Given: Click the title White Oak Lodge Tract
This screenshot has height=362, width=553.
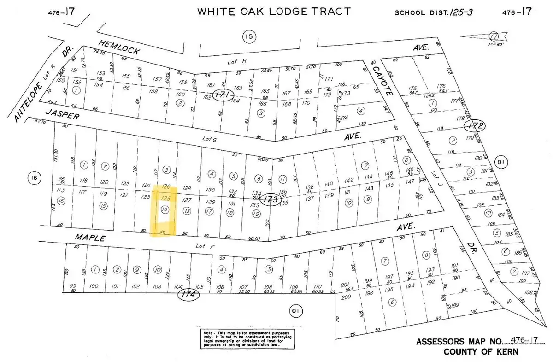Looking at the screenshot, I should click(274, 12).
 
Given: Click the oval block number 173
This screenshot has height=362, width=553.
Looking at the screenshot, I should click(271, 199).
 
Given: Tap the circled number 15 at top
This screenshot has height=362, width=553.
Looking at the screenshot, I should click(249, 36).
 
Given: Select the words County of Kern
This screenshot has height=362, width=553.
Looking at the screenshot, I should click(480, 351).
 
